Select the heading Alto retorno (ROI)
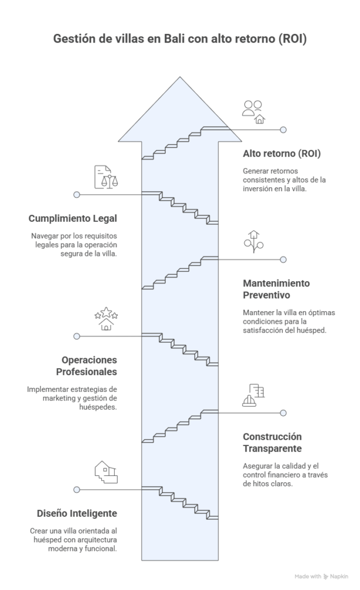tap(282, 153)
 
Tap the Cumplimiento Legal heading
tap(73, 218)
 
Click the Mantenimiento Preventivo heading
tap(276, 289)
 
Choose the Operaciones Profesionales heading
tap(86, 366)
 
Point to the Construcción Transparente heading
tap(272, 442)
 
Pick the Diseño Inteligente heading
tap(77, 513)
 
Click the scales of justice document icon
tap(106, 177)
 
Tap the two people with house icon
tap(253, 112)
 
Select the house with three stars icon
tap(106, 319)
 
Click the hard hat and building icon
tap(253, 395)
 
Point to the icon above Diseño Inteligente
tap(106, 472)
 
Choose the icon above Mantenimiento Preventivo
tap(253, 241)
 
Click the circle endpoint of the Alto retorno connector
tap(283, 130)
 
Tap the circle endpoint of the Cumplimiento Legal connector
tap(77, 195)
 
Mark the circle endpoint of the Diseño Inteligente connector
tap(77, 490)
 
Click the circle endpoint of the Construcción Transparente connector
tap(283, 413)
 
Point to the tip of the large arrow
tap(180, 77)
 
